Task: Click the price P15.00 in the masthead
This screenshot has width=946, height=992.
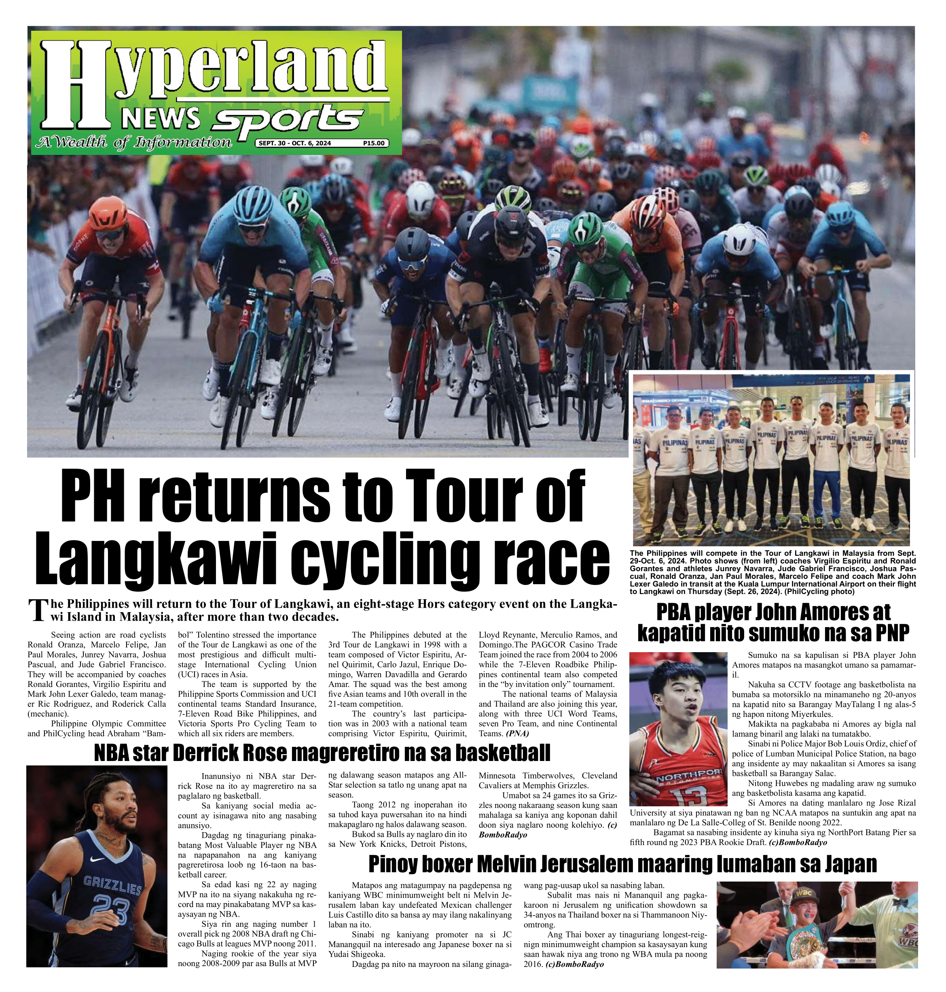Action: [374, 143]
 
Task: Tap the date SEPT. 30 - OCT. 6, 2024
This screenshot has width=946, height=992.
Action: [295, 143]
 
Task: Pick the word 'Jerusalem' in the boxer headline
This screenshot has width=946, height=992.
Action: [595, 863]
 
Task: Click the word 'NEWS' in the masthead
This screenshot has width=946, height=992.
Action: [161, 119]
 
